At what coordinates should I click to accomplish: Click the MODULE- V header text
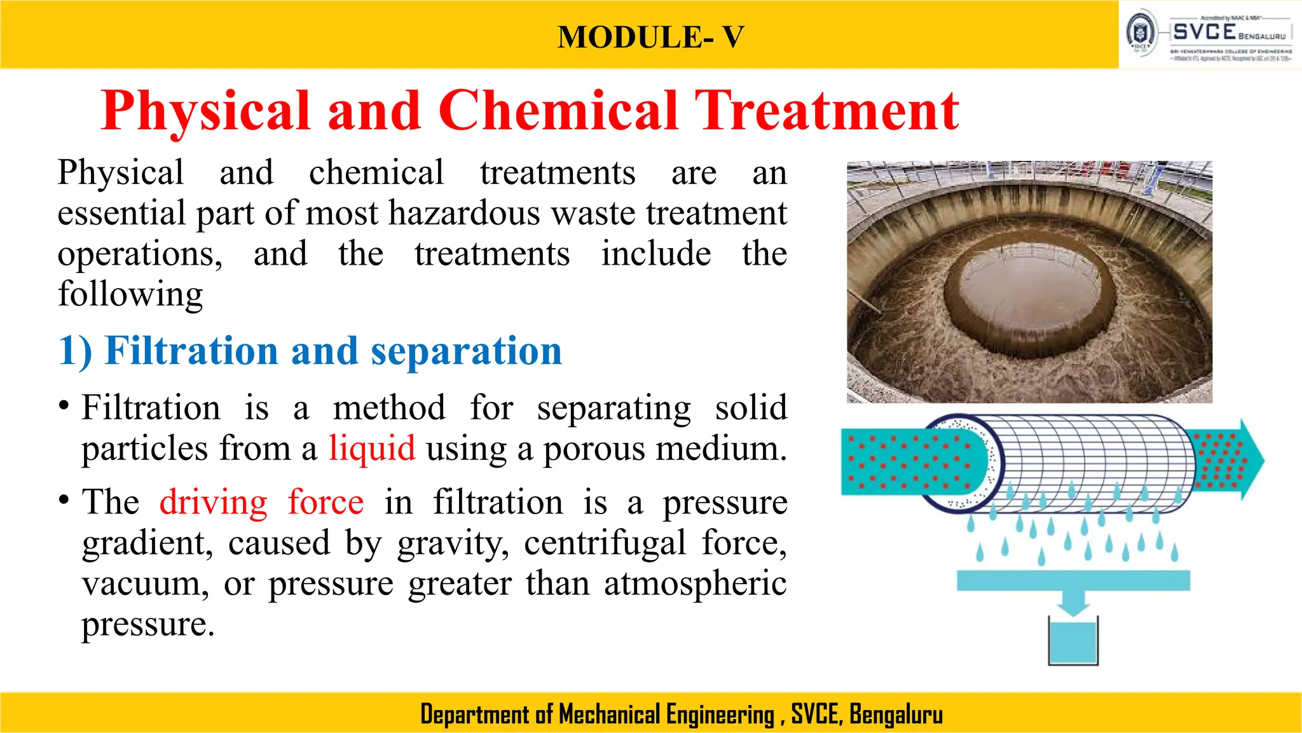pyautogui.click(x=650, y=37)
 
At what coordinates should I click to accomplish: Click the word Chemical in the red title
pyautogui.click(x=558, y=111)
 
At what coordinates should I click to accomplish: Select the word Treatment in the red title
pyautogui.click(x=826, y=111)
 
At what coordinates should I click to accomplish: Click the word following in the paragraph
pyautogui.click(x=130, y=295)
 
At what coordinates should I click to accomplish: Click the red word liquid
pyautogui.click(x=372, y=448)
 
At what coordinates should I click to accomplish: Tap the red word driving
pyautogui.click(x=214, y=502)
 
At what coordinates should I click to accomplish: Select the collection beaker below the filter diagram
pyautogui.click(x=1073, y=641)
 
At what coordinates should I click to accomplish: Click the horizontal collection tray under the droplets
pyautogui.click(x=1073, y=580)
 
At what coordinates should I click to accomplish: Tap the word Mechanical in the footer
pyautogui.click(x=610, y=715)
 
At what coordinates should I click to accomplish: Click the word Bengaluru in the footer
pyautogui.click(x=896, y=715)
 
